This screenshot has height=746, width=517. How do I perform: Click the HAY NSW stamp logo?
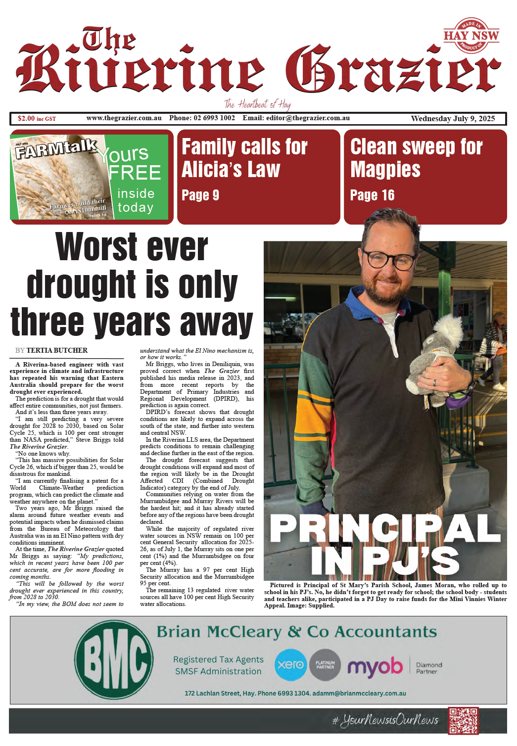[471, 35]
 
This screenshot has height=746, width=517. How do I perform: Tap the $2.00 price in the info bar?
[26, 119]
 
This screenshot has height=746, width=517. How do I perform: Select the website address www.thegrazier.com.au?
[124, 118]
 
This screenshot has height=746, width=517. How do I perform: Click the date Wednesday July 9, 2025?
[453, 119]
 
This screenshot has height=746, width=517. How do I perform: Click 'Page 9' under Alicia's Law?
[200, 195]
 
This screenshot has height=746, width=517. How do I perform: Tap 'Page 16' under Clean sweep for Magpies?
[372, 195]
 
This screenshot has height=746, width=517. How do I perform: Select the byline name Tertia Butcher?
[57, 350]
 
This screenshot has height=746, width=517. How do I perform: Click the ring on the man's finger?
[435, 382]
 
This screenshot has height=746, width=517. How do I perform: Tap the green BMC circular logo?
[114, 660]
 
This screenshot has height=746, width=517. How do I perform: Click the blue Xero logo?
[290, 664]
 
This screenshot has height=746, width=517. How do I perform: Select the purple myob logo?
[375, 666]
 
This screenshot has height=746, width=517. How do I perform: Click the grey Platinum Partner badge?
[325, 664]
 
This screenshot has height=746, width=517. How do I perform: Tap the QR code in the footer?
[463, 721]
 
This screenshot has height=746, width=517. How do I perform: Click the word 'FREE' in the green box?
[135, 173]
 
